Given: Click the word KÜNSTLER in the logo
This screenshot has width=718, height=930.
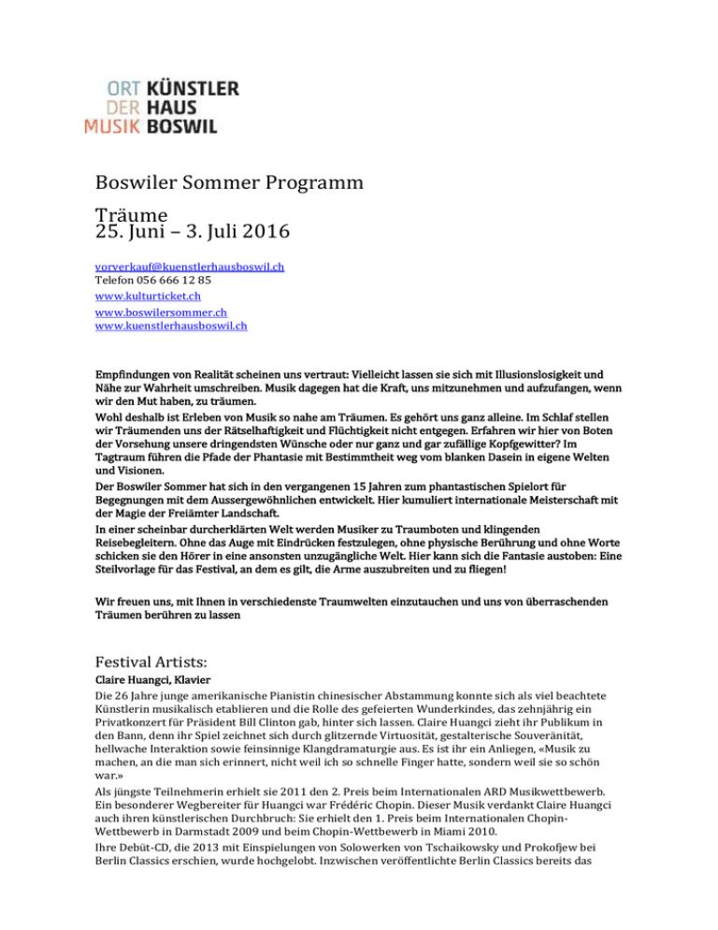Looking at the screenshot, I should (x=194, y=88).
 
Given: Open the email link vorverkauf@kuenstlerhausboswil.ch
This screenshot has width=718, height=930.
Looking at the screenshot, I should (x=190, y=267).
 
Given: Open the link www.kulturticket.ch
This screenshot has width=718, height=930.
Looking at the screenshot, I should (x=149, y=295).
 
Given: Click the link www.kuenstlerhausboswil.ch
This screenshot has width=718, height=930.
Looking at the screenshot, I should (x=171, y=326).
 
